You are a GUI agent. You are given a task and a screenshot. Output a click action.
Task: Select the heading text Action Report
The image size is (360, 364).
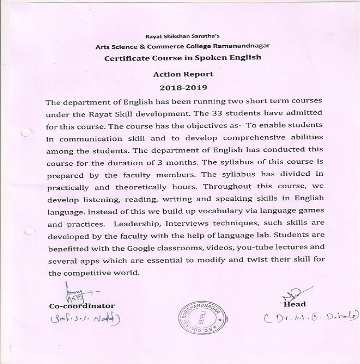(x=184, y=74)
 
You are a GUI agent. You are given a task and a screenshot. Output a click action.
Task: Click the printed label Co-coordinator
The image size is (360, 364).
(x=82, y=305)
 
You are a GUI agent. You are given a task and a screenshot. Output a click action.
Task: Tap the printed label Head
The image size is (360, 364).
(x=295, y=304)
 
